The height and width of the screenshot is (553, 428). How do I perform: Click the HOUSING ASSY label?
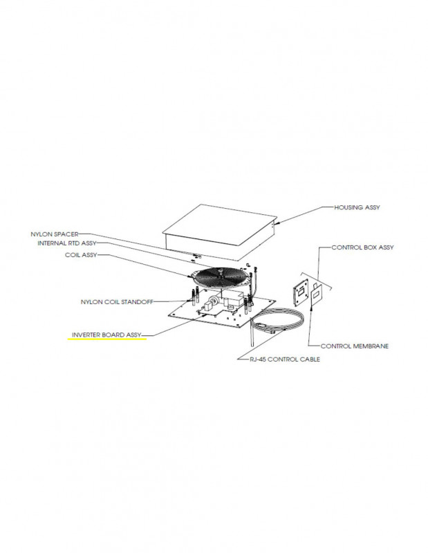[x=357, y=207]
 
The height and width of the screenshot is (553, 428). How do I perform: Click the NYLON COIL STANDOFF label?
[x=116, y=301]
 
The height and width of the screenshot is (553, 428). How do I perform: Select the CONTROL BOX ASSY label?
[x=362, y=247]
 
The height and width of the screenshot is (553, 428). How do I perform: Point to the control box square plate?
[x=301, y=294]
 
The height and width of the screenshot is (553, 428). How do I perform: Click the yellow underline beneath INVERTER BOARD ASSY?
[x=106, y=340]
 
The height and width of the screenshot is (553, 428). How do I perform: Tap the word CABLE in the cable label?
[x=309, y=359]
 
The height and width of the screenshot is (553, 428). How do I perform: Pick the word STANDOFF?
[x=138, y=301]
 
